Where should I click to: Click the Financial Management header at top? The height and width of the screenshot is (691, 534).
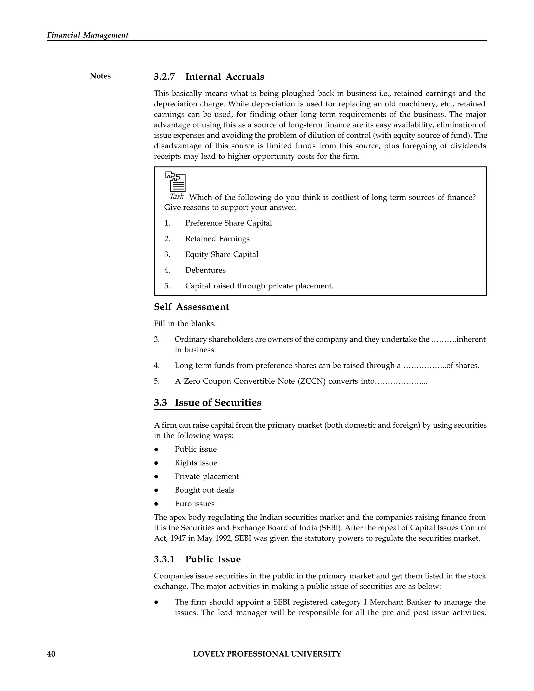[x=88, y=35]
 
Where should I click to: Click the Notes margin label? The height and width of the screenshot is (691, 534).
[x=100, y=76]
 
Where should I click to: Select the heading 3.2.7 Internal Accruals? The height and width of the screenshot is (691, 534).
[x=209, y=77]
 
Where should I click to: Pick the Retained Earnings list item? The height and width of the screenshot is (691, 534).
[x=217, y=239]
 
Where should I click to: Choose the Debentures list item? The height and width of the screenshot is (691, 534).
[x=205, y=270]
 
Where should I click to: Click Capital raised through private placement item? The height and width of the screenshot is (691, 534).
[x=259, y=286]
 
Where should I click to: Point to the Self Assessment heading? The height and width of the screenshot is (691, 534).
[x=191, y=307]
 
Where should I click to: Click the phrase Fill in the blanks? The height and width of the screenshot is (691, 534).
[x=185, y=324]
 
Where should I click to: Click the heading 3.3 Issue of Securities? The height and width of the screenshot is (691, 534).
[x=208, y=403]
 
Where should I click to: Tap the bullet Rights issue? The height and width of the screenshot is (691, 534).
[x=196, y=463]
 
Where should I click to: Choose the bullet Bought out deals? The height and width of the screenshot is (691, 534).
[x=204, y=490]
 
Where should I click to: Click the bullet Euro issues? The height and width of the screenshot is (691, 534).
[x=195, y=504]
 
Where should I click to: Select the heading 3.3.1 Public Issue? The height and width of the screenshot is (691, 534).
[x=197, y=559]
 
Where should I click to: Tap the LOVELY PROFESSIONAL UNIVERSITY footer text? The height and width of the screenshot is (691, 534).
[x=267, y=654]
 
